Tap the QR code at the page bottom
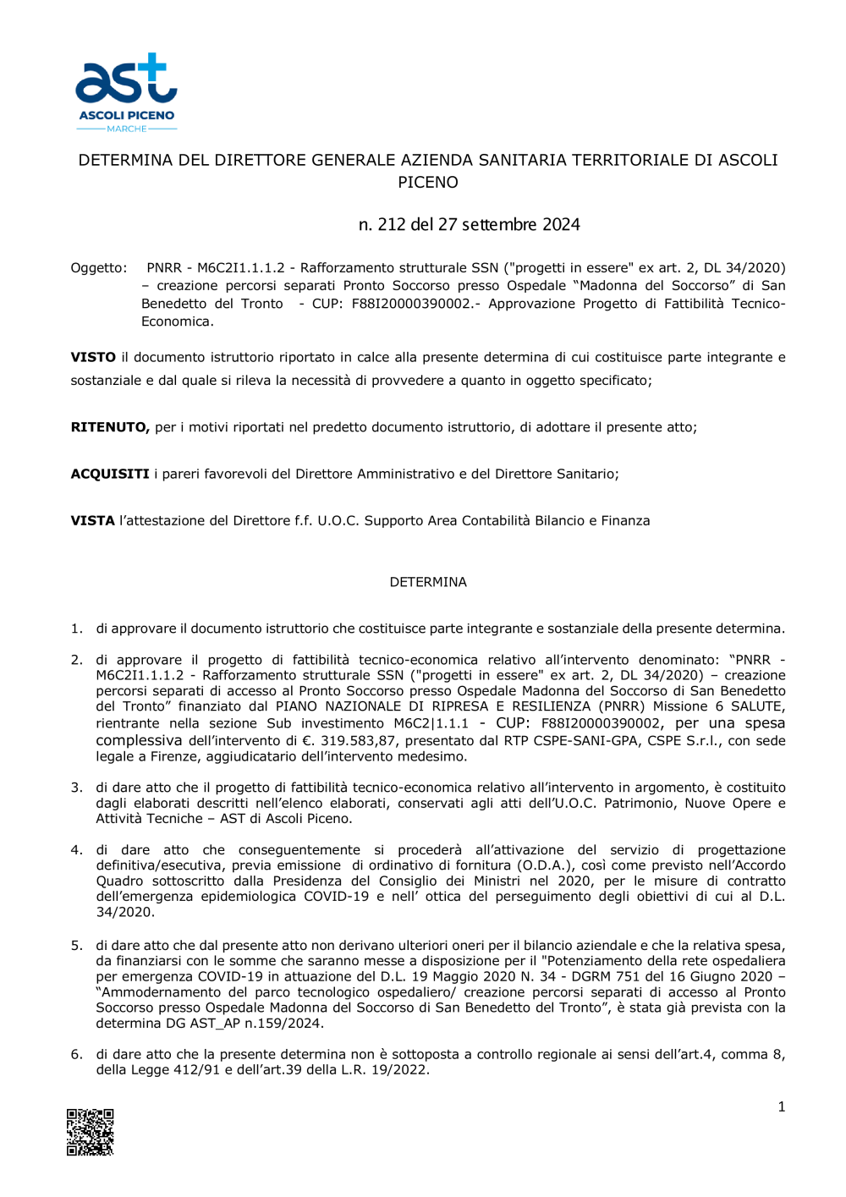pyautogui.click(x=91, y=1132)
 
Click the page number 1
pyautogui.click(x=781, y=1106)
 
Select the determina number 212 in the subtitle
pyautogui.click(x=392, y=224)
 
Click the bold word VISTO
pyautogui.click(x=93, y=357)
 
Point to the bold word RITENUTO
pyautogui.click(x=110, y=427)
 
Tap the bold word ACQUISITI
pyautogui.click(x=110, y=474)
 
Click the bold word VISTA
pyautogui.click(x=92, y=520)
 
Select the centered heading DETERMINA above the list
pyautogui.click(x=428, y=582)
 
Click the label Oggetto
pyautogui.click(x=98, y=268)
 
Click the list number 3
pyautogui.click(x=76, y=788)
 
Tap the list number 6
pyautogui.click(x=76, y=1054)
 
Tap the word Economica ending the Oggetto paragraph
pyautogui.click(x=177, y=321)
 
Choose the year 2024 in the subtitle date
pyautogui.click(x=561, y=224)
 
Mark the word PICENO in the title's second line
pyautogui.click(x=428, y=182)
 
